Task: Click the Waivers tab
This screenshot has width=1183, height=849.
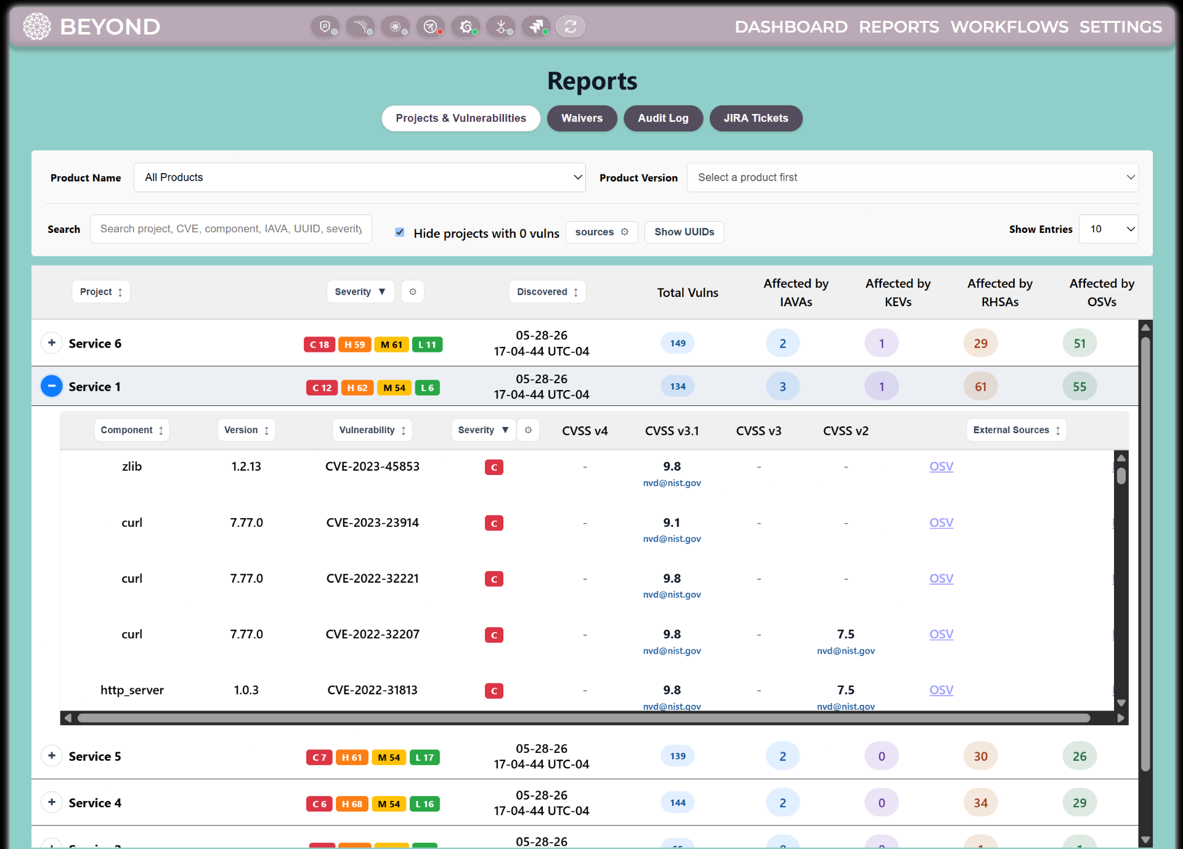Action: tap(582, 118)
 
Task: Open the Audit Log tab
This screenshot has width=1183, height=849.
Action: tap(663, 118)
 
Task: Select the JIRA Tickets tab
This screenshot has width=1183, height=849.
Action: tap(755, 118)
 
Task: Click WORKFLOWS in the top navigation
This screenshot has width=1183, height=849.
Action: tap(1009, 27)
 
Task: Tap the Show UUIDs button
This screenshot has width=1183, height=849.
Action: tap(684, 232)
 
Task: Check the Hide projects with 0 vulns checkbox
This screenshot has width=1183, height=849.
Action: tap(400, 232)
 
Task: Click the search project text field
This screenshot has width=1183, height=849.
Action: tap(231, 229)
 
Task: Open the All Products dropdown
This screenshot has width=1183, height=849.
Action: tap(359, 177)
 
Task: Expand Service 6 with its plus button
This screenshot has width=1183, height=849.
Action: tap(52, 343)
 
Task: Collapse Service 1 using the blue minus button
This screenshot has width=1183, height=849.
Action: tap(52, 386)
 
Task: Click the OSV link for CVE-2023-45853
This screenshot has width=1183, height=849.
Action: tap(941, 466)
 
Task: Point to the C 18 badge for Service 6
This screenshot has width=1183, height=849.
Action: tap(319, 344)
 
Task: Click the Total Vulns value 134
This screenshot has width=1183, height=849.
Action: tap(678, 386)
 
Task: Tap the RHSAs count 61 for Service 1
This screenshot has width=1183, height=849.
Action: tap(980, 387)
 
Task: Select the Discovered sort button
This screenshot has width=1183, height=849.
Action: tap(547, 292)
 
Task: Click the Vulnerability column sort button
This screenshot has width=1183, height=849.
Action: tap(372, 430)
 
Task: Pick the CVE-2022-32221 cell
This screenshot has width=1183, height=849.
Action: tap(372, 579)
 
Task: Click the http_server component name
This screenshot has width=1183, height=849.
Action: tap(132, 690)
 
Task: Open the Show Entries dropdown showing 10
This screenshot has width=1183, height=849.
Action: tap(1108, 229)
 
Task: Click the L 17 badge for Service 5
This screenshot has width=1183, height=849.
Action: tap(425, 757)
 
